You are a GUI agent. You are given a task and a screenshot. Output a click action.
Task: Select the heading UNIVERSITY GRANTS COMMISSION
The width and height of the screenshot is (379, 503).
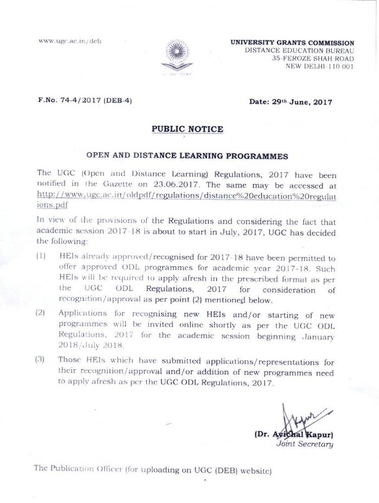[x=292, y=43]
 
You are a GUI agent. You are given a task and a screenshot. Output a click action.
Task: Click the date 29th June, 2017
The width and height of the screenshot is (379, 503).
[x=290, y=101]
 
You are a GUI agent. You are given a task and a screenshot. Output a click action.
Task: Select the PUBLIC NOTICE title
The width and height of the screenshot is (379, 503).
[x=187, y=130]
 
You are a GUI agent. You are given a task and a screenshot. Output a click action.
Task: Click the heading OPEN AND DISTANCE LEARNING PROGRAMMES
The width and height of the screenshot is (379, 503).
[x=187, y=156]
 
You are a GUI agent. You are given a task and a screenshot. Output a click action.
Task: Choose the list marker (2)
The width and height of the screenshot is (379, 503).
[x=41, y=313]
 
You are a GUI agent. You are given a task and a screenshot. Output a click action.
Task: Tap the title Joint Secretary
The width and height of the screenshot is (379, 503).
[x=305, y=444]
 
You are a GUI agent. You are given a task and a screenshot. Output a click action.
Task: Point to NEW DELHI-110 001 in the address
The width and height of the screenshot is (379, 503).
[x=320, y=67]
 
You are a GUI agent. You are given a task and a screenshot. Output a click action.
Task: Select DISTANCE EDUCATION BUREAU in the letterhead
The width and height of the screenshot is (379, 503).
[x=299, y=50]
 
